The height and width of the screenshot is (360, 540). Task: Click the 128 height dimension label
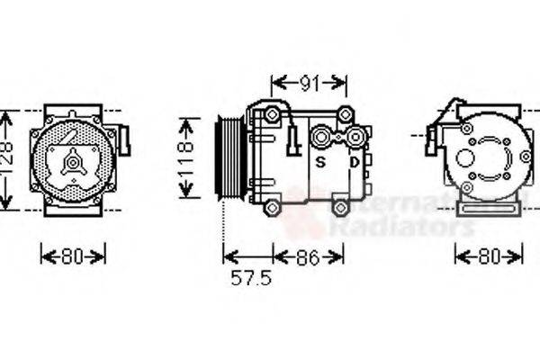click(7, 160)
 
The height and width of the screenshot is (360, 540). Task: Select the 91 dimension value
click(309, 84)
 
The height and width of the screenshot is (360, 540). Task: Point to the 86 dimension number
click(308, 256)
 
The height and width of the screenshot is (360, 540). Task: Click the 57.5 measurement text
click(250, 278)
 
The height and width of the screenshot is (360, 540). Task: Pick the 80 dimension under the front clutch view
click(73, 256)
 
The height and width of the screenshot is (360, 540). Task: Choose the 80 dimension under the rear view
click(489, 256)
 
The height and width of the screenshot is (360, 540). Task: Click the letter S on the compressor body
click(319, 162)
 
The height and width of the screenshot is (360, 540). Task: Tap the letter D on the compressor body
click(355, 162)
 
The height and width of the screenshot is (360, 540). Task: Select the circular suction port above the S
click(320, 138)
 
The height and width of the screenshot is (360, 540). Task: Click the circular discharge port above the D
click(356, 137)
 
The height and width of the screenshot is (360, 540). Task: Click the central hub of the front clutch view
click(71, 162)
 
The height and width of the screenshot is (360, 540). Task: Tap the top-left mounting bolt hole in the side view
click(271, 114)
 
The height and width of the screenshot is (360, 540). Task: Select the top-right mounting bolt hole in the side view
click(345, 114)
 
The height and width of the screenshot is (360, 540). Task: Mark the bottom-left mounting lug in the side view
click(272, 208)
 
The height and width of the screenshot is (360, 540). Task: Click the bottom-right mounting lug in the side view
click(340, 208)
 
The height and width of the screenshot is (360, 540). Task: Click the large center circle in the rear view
click(465, 157)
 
